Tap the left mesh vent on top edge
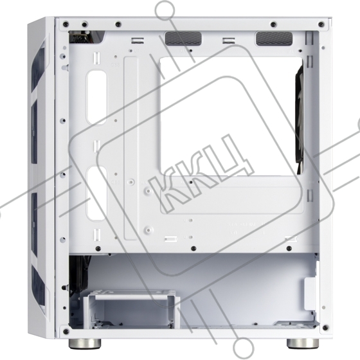(183, 39)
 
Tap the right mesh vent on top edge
(274, 39)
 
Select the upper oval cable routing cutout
(96, 97)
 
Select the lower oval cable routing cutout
(96, 194)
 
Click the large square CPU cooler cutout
(231, 116)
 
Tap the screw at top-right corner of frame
(321, 24)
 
